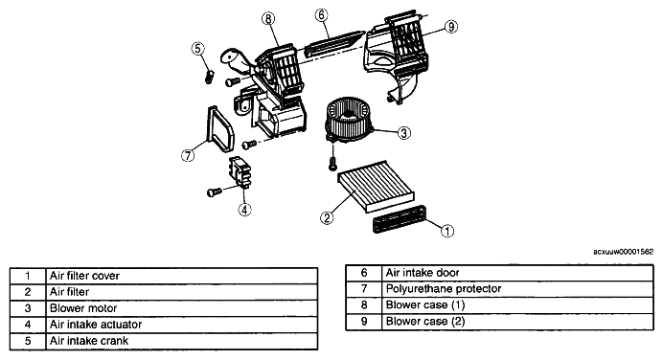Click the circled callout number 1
[447, 231]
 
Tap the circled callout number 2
[327, 217]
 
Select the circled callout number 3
[403, 133]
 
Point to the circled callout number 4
[245, 209]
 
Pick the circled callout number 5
[198, 49]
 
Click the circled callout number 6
[321, 15]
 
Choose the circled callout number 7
[188, 155]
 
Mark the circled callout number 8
[268, 18]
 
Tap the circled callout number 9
[451, 27]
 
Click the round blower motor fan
[349, 119]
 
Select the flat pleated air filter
[377, 187]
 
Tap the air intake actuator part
[240, 172]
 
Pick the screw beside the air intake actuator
[215, 192]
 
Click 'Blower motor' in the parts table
[83, 308]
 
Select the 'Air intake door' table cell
[423, 273]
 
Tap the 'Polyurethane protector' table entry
[444, 288]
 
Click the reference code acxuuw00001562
[623, 252]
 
